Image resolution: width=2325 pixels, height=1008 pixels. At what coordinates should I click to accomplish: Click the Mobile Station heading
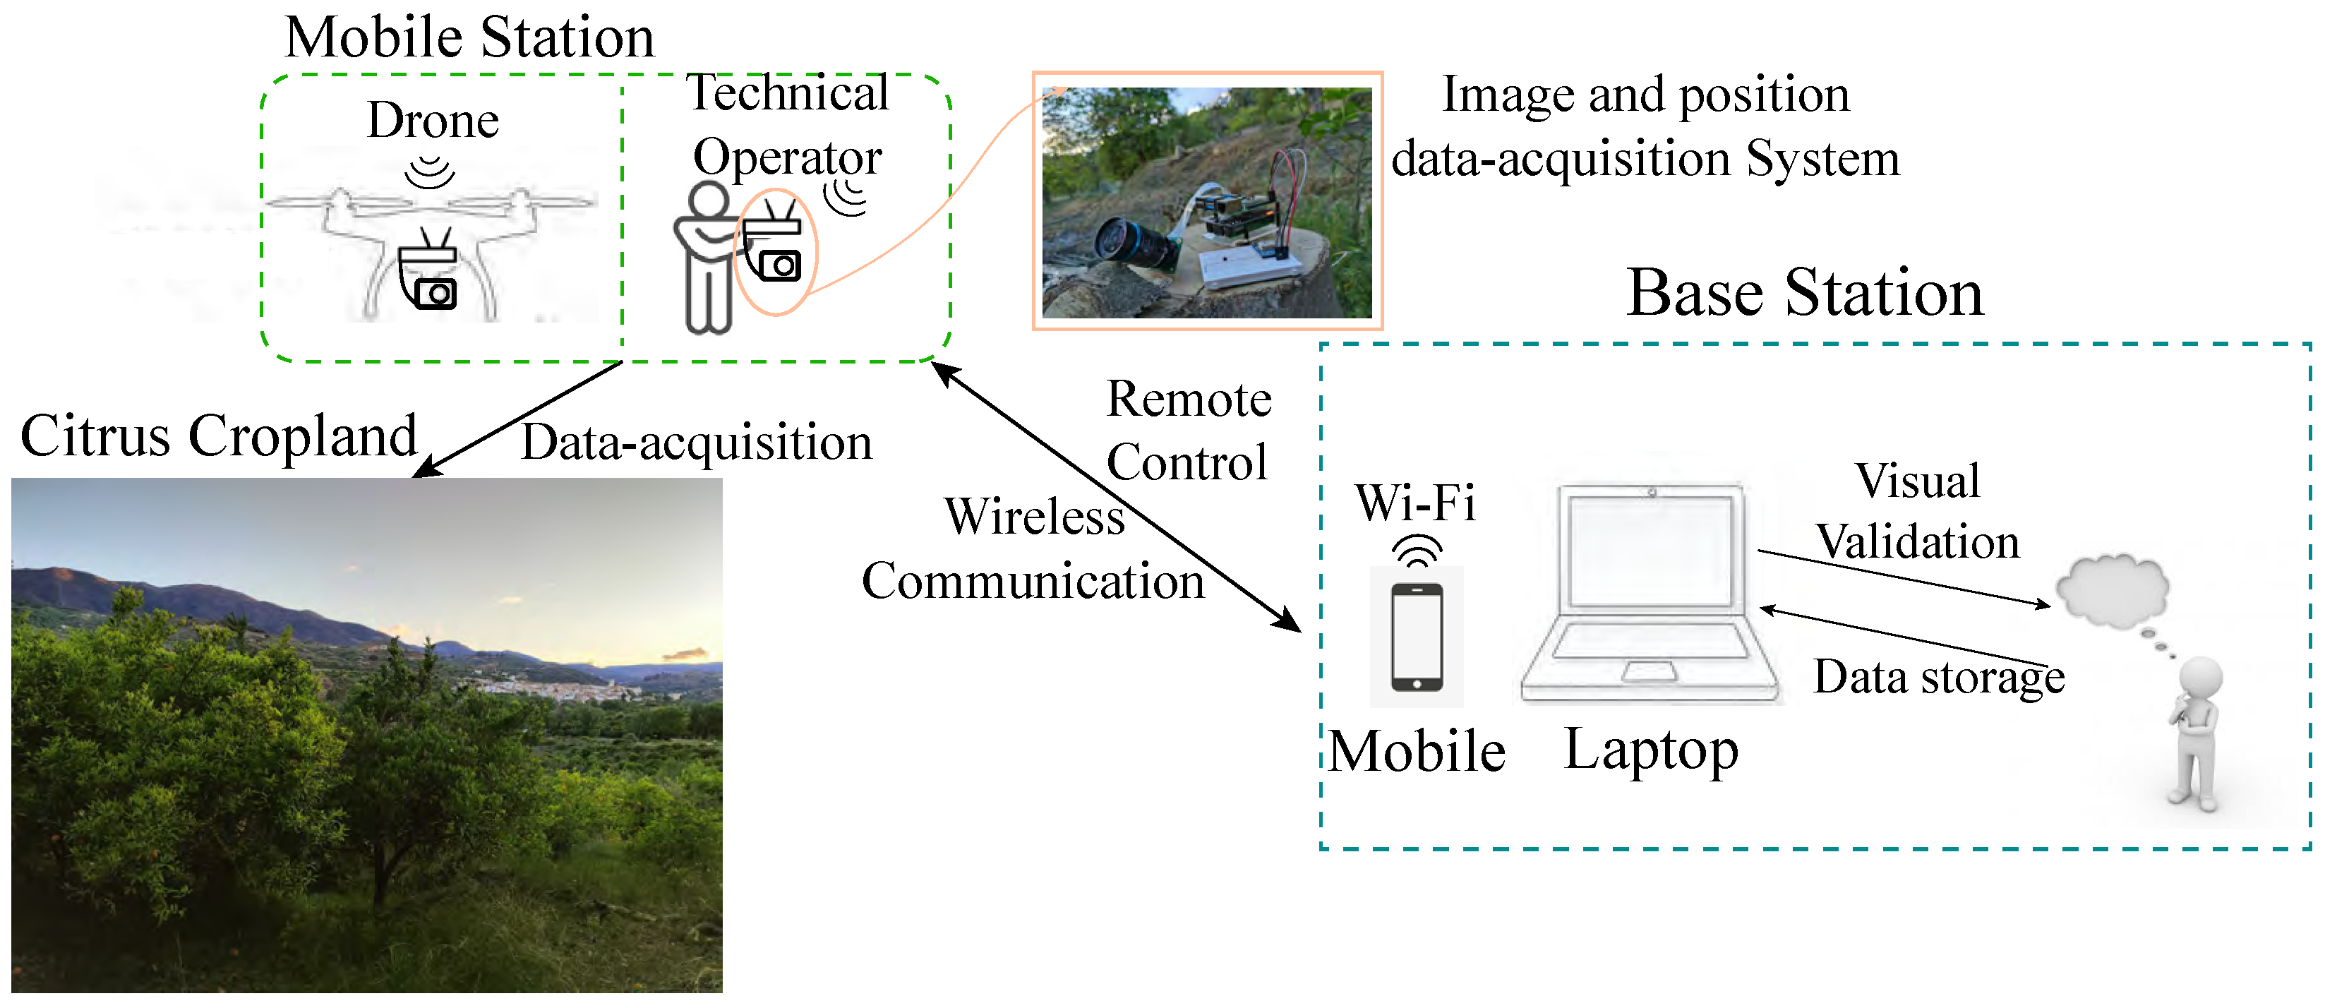click(469, 38)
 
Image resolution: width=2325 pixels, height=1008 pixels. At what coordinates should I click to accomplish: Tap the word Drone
click(433, 120)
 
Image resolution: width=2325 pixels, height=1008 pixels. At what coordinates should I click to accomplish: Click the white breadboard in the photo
click(1250, 267)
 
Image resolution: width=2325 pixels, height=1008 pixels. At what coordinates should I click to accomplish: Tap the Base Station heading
click(1805, 293)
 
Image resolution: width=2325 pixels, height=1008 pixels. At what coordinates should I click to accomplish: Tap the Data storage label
click(1939, 677)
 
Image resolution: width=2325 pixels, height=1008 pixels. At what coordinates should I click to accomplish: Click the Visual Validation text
click(1918, 511)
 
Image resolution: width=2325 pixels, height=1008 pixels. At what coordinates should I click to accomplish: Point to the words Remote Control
click(1189, 431)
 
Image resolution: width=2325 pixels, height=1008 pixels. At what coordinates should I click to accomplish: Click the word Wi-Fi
click(1415, 503)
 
